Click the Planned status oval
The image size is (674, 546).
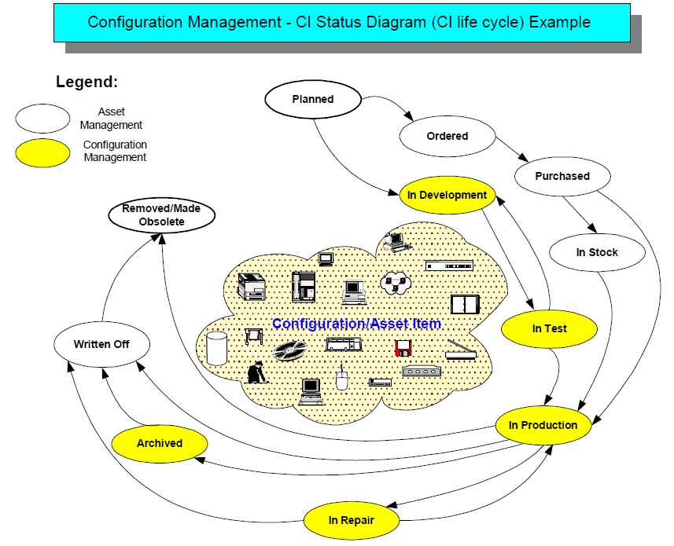312,100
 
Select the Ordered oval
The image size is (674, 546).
447,136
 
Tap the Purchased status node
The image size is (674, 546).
562,176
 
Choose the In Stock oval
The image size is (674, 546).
597,252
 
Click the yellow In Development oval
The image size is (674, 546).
447,195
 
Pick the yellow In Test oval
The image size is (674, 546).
549,328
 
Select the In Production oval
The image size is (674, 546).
543,425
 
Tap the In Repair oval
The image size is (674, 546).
351,520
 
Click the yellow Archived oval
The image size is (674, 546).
160,443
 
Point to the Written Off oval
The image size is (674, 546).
101,344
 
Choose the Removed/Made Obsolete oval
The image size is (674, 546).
161,215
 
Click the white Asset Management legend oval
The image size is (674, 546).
42,119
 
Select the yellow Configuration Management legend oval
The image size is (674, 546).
42,152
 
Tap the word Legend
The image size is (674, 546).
87,82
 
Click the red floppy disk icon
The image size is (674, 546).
403,347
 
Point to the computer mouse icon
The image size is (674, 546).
341,379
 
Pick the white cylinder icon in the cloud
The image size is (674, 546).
215,348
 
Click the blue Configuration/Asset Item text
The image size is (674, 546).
356,324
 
